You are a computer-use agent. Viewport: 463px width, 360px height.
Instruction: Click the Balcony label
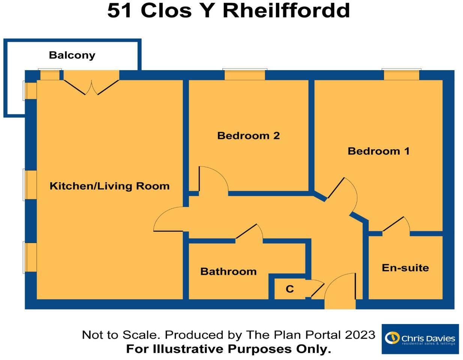[x=72, y=55]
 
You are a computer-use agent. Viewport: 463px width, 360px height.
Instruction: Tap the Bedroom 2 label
[x=248, y=135]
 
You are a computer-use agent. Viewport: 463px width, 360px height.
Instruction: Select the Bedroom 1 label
[x=379, y=151]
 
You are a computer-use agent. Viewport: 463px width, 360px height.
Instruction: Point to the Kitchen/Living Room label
[x=110, y=186]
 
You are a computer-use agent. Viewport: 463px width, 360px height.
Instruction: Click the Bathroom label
[x=228, y=271]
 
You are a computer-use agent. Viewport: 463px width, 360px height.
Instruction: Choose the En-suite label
[x=405, y=268]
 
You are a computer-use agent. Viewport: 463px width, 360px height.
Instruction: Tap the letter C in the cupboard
[x=290, y=289]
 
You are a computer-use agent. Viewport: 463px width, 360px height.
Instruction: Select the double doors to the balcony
[x=92, y=85]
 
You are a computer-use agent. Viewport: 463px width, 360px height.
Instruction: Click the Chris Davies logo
[x=420, y=339]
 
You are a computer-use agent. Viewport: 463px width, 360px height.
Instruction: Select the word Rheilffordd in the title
[x=286, y=10]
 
